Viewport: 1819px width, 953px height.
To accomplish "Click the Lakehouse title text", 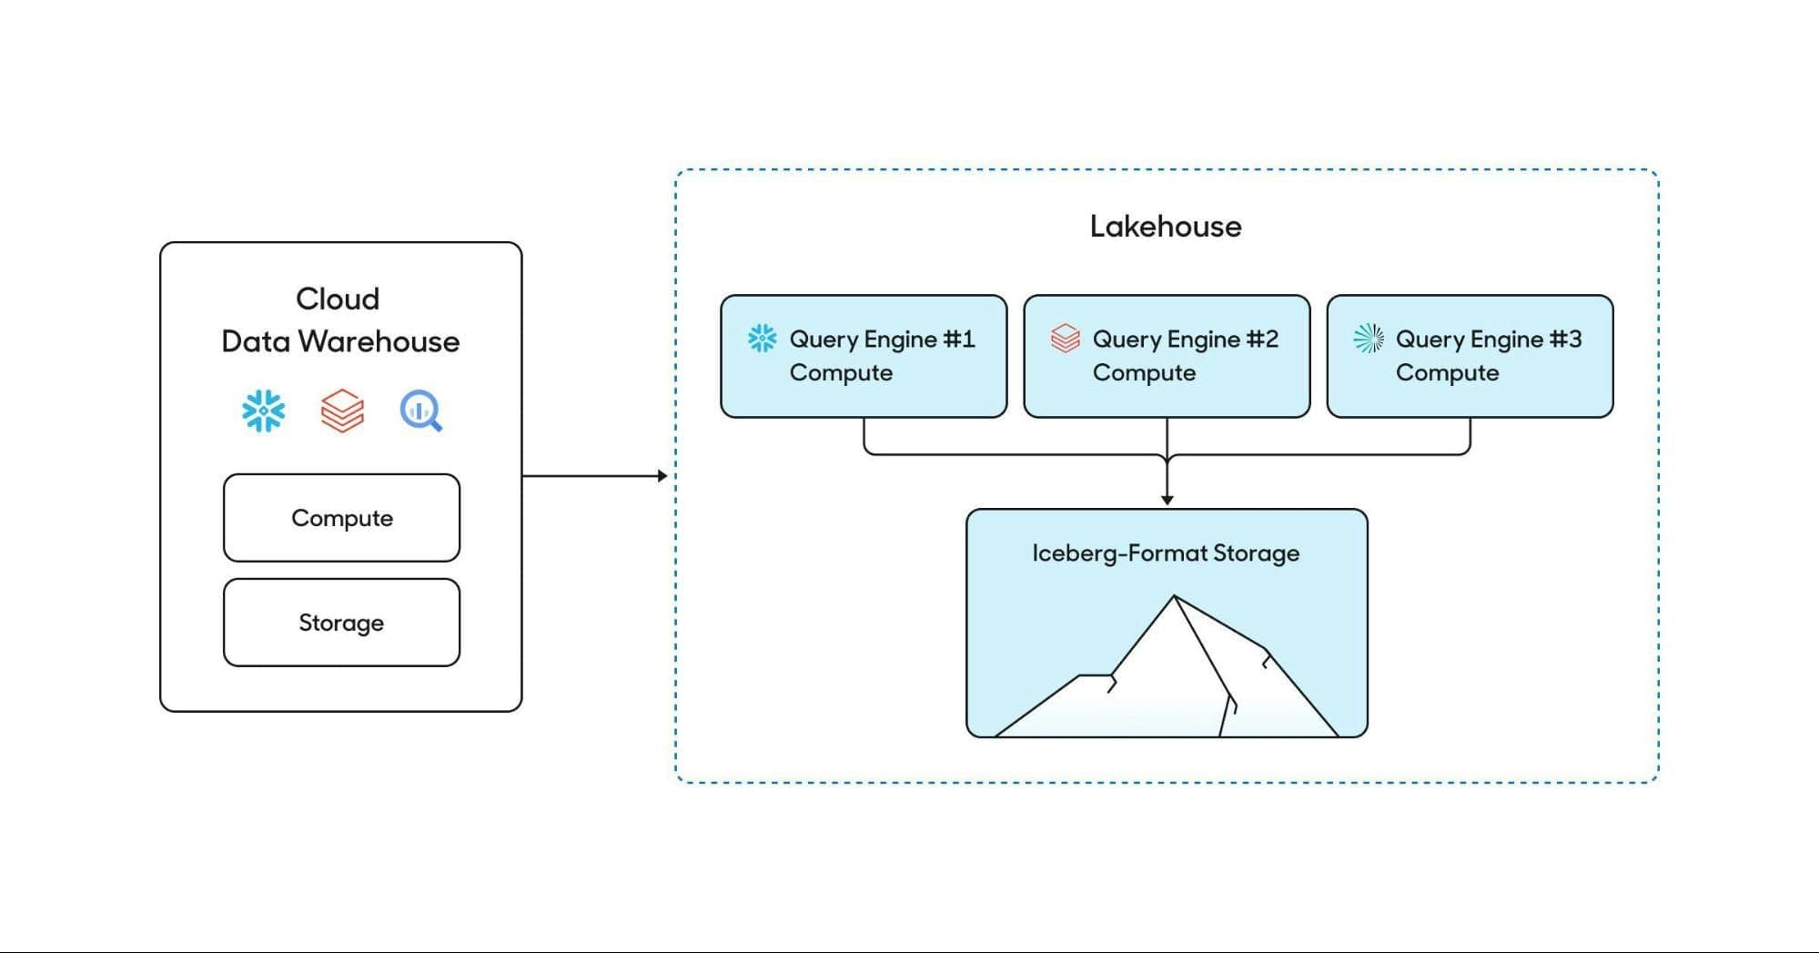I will point(1165,227).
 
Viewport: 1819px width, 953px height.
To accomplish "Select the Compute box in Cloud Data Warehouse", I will point(341,518).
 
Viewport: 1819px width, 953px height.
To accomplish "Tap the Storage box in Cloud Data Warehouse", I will point(341,623).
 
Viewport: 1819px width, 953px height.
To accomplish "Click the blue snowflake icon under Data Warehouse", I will point(264,411).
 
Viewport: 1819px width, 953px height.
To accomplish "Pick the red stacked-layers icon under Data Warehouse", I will point(342,411).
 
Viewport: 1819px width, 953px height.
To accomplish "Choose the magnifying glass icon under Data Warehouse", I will point(421,411).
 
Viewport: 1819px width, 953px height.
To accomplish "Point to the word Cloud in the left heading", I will point(338,299).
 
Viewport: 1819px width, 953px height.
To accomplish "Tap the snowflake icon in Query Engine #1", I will point(762,339).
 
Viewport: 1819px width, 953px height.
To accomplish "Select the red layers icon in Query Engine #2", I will point(1065,339).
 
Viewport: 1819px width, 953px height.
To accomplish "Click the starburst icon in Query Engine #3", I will point(1368,339).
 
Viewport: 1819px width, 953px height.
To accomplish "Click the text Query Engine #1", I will point(882,340).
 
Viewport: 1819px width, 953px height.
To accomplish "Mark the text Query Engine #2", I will point(1185,340).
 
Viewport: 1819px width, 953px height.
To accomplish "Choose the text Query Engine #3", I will point(1488,340).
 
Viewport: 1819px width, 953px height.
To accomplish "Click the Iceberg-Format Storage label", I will point(1165,553).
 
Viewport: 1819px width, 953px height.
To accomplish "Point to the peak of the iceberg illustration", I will point(1174,598).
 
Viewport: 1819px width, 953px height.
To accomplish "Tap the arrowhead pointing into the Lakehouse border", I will point(662,475).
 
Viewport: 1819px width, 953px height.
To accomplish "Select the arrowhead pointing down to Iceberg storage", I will point(1167,500).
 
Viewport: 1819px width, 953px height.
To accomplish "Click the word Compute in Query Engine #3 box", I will point(1447,373).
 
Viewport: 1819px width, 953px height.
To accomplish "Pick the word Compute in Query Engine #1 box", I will point(841,373).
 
